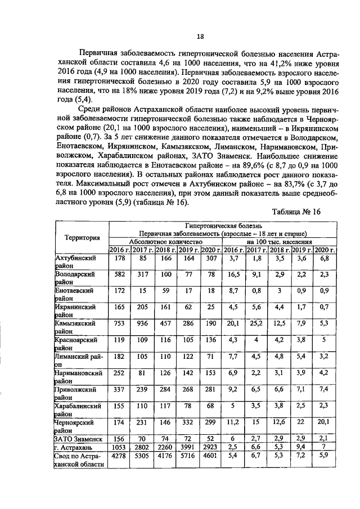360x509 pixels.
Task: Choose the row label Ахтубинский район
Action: click(x=74, y=262)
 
